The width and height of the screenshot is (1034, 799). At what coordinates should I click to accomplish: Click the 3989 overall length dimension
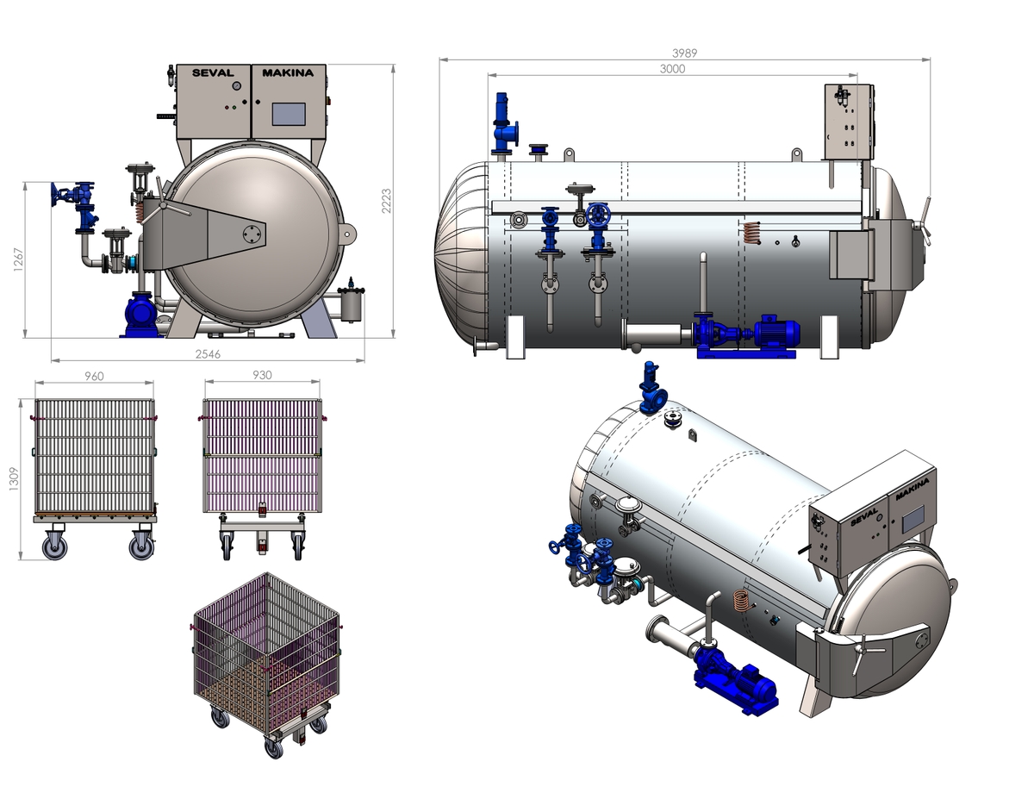coord(684,53)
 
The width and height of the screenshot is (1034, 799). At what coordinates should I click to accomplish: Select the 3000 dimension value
coord(672,69)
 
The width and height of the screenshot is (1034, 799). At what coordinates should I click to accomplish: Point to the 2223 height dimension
coord(386,201)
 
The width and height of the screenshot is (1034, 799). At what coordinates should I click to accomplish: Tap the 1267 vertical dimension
coord(18,259)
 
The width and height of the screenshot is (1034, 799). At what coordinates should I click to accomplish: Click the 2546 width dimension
coord(208,354)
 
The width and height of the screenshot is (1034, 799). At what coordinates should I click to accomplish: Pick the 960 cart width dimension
coord(94,377)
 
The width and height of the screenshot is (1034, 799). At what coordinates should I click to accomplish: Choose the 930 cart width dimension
coord(262,376)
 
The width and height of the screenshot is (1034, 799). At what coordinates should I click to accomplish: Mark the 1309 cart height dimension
coord(14,479)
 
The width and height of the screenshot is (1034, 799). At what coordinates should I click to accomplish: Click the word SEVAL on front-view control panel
coord(213,72)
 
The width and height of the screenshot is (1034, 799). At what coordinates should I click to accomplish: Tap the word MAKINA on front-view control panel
coord(288,72)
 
